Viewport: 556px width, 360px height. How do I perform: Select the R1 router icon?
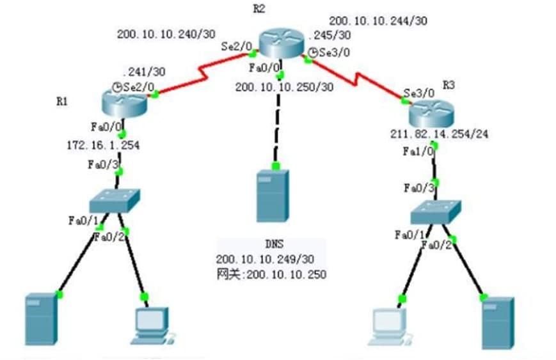tap(124, 100)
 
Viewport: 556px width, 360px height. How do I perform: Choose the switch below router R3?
tap(435, 211)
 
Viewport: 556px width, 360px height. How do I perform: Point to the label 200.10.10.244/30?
tap(378, 20)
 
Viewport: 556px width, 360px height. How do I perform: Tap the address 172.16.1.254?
tap(103, 146)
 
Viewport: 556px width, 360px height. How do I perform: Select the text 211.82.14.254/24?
tap(429, 134)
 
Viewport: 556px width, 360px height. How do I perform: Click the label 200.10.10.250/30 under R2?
tap(284, 87)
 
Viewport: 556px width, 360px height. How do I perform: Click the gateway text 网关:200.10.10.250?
tap(271, 275)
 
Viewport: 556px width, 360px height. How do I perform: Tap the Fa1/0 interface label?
tap(418, 152)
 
